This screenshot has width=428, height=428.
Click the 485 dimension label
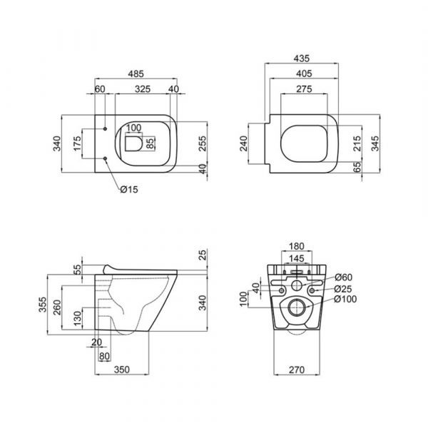click(136, 73)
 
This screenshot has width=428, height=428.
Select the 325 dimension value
click(143, 89)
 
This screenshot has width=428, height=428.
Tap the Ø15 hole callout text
click(129, 189)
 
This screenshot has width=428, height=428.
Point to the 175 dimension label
click(77, 143)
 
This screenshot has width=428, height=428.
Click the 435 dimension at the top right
click(302, 58)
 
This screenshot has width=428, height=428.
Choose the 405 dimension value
click(304, 73)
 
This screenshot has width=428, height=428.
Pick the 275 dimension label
click(304, 89)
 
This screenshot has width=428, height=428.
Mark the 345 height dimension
click(375, 143)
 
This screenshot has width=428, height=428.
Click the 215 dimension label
click(357, 143)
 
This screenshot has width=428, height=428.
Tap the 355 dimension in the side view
click(43, 305)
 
